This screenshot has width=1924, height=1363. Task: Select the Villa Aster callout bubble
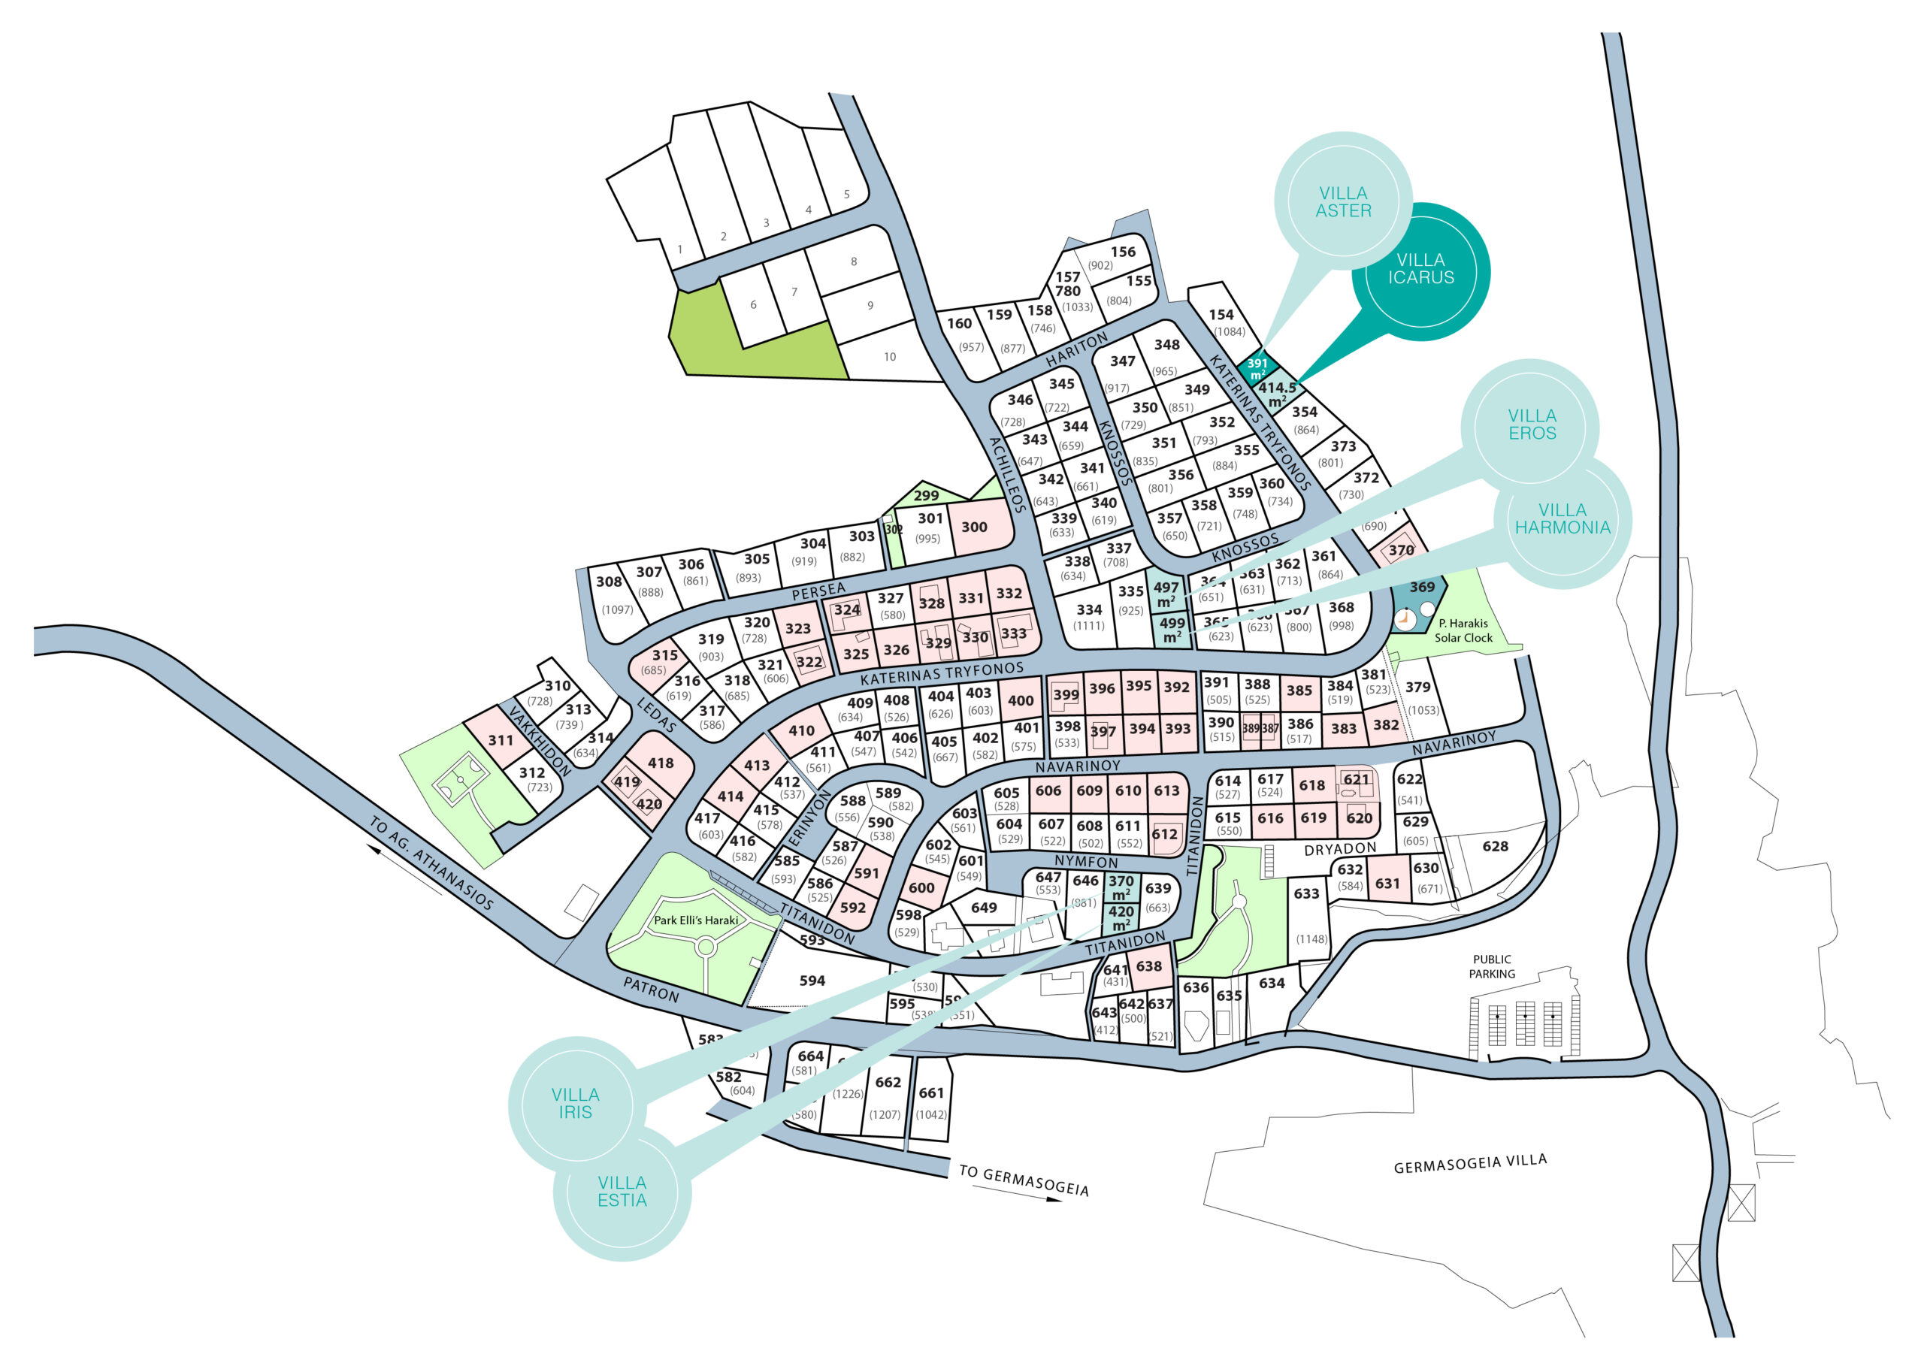click(x=1343, y=202)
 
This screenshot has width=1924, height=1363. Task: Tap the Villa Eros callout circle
click(x=1532, y=425)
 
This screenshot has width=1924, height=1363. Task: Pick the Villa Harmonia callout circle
click(x=1562, y=518)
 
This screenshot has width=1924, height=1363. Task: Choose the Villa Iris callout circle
click(x=575, y=1103)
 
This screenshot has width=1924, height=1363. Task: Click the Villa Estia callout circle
click(x=622, y=1191)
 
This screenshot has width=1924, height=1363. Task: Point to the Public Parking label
click(x=1492, y=967)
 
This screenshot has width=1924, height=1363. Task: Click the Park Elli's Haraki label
click(x=696, y=920)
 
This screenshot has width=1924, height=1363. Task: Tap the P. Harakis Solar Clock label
click(x=1463, y=630)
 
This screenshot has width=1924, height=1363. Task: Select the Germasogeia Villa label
click(x=1470, y=1164)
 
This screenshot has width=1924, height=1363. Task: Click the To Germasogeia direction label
click(x=1024, y=1180)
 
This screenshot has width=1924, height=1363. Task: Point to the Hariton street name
click(x=1077, y=350)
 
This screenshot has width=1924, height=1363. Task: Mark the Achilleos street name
click(x=1007, y=474)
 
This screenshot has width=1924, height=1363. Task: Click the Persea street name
click(x=818, y=591)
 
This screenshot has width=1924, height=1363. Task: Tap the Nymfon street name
click(x=1086, y=862)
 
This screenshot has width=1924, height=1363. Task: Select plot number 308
click(x=610, y=582)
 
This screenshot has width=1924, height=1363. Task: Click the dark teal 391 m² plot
click(x=1257, y=368)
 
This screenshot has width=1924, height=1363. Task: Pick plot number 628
click(x=1495, y=846)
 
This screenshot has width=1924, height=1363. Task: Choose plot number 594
click(x=812, y=981)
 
